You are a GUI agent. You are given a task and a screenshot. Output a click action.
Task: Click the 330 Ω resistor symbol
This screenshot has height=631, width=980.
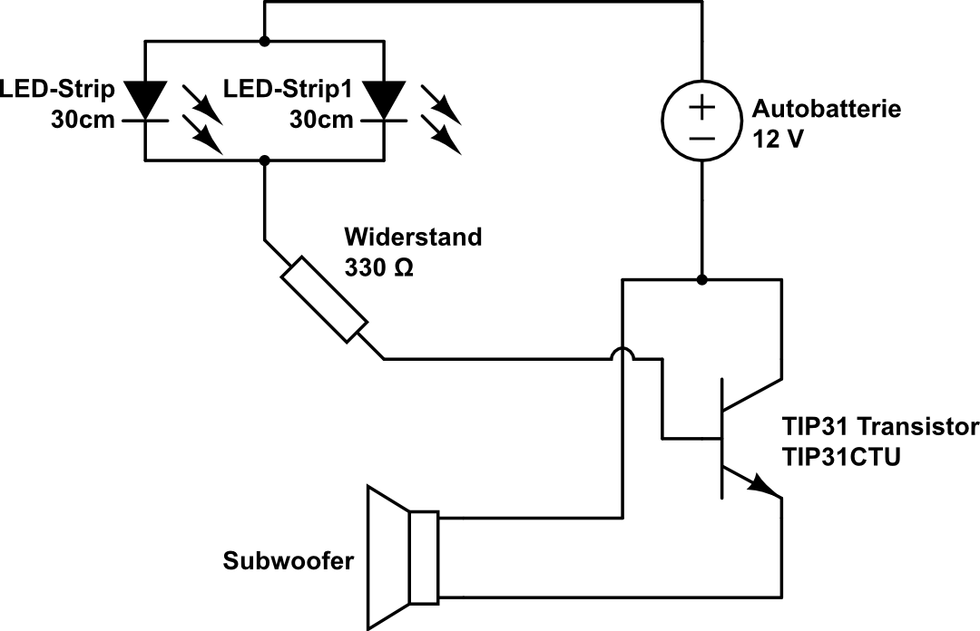(324, 300)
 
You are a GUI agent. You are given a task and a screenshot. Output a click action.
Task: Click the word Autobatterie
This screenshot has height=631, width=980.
(827, 110)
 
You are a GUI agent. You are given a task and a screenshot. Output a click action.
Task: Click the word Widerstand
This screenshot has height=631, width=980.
(413, 238)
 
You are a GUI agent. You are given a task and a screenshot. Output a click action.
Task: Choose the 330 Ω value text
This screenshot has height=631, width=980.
(378, 268)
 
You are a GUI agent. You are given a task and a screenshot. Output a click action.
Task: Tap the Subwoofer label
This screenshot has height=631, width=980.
(288, 562)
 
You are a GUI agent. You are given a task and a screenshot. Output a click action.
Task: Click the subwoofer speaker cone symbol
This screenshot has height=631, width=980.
(387, 557)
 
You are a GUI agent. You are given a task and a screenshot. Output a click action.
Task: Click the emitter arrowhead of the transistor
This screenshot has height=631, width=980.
(764, 489)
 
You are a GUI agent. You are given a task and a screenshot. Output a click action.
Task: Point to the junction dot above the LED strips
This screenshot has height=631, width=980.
(264, 41)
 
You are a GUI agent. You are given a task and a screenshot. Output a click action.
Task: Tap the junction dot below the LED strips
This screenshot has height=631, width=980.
(264, 160)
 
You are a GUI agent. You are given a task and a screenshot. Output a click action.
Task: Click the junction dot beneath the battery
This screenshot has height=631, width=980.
(702, 279)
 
